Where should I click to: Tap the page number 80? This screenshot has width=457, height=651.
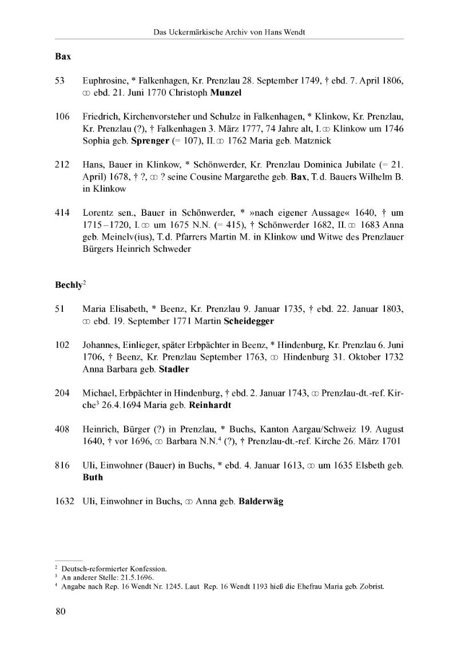pyautogui.click(x=61, y=612)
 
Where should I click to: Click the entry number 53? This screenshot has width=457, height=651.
pyautogui.click(x=59, y=81)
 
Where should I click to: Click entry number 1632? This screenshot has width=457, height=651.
pyautogui.click(x=65, y=501)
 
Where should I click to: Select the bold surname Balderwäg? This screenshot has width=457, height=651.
pyautogui.click(x=261, y=502)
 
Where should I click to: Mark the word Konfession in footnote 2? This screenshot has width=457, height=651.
pyautogui.click(x=146, y=569)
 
